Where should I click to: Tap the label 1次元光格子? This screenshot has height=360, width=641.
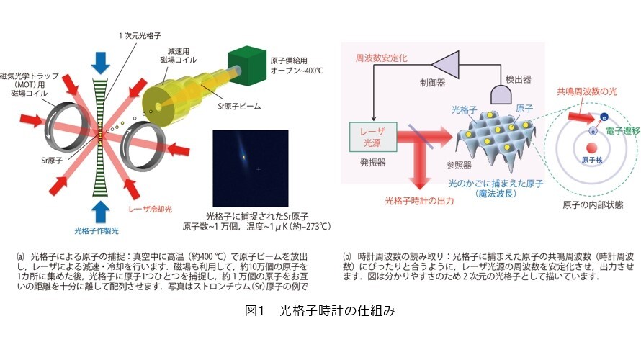(x=140, y=36)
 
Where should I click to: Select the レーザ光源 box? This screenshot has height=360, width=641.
(x=373, y=137)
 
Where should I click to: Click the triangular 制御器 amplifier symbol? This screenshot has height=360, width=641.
(x=445, y=64)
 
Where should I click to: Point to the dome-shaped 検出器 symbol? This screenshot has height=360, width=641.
(x=501, y=94)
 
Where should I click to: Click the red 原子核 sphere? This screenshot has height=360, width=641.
(x=591, y=148)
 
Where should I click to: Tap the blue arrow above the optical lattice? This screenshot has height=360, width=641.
(x=101, y=63)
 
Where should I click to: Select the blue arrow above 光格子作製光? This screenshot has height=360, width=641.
(x=101, y=212)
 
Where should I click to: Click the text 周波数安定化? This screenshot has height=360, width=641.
(x=381, y=58)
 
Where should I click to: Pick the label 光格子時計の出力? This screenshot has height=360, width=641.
(x=419, y=201)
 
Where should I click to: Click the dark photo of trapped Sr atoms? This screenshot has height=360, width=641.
(x=251, y=168)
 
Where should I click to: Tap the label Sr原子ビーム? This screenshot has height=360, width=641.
(x=239, y=107)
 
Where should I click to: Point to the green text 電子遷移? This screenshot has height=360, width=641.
(x=622, y=131)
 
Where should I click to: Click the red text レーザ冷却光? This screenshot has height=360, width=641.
(x=150, y=210)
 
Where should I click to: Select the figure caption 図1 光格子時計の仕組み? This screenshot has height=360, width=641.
(x=320, y=311)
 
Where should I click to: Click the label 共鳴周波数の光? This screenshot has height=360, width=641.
(x=587, y=91)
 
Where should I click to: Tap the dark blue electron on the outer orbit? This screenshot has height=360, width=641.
(x=604, y=117)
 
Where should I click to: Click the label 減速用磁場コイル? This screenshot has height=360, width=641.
(x=178, y=55)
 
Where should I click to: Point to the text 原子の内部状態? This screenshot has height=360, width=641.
(x=593, y=204)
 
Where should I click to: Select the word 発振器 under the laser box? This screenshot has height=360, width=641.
(x=373, y=162)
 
